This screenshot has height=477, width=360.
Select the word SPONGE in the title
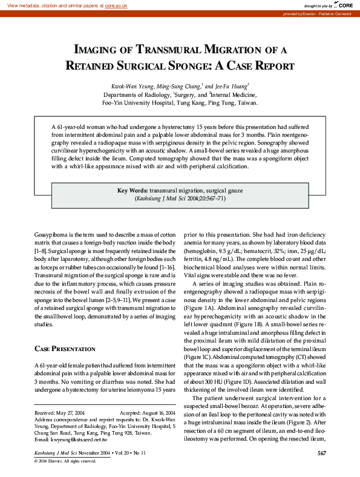pos(190,65)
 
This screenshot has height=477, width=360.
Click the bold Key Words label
pos(133,190)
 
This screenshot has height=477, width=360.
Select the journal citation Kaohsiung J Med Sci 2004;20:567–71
pos(180,198)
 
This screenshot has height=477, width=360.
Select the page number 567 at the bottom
pos(321,453)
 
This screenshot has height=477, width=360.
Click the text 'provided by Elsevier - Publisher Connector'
pos(321,13)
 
